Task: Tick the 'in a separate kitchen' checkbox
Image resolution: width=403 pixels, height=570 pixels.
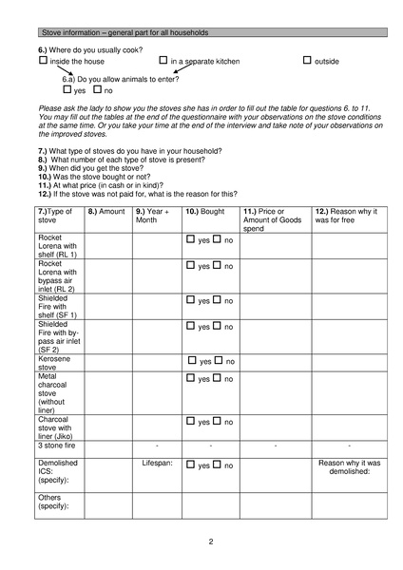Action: (164, 61)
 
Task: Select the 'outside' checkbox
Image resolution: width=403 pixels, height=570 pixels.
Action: (307, 61)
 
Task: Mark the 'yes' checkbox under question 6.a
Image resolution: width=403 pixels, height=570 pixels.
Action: (67, 89)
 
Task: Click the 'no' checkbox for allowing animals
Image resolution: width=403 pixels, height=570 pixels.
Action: (97, 89)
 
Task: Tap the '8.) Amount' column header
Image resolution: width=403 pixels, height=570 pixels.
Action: (106, 211)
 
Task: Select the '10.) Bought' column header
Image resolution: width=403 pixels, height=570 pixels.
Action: (206, 211)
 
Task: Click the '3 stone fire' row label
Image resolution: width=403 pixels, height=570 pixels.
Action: (60, 445)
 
